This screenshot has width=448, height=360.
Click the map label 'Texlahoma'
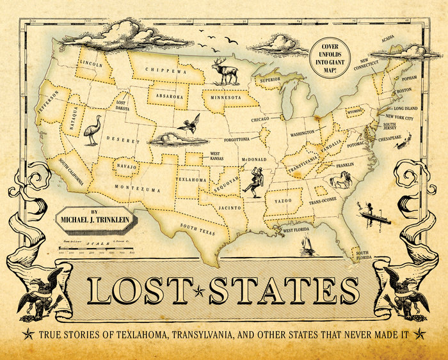pos(192,180)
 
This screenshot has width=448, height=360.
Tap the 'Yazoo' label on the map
pos(284,201)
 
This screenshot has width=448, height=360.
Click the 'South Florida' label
pos(370,254)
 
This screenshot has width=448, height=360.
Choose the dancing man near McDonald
pos(259,181)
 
